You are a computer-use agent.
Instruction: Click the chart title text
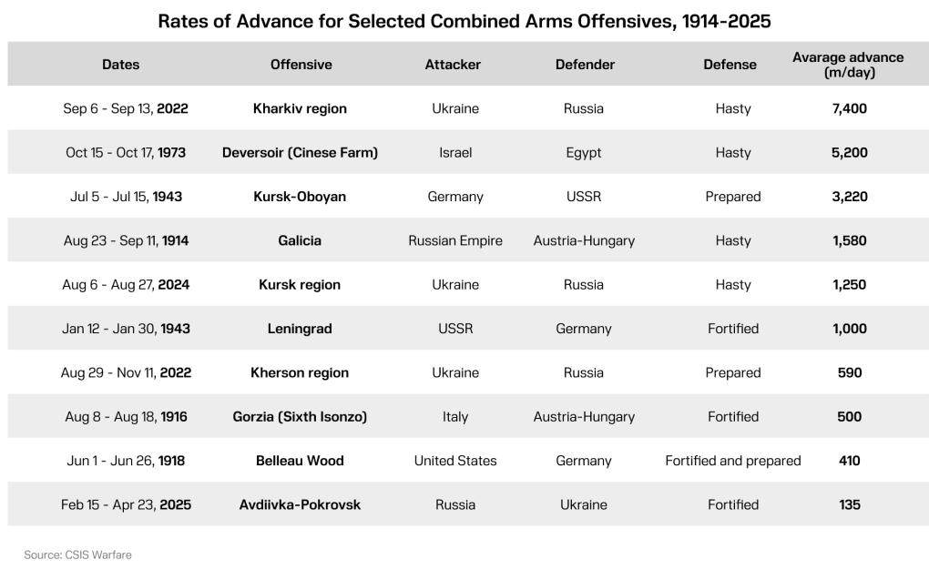coord(464,21)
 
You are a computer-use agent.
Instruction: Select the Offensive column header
coord(301,65)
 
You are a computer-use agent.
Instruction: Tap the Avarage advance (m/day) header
coord(848,65)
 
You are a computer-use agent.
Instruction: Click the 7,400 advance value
coord(849,108)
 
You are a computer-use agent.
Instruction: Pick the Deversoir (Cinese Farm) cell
coord(300,153)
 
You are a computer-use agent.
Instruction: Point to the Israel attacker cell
coord(454,153)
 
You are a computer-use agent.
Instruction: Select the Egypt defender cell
coord(583,153)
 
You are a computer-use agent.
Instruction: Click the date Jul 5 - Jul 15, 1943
coord(126,197)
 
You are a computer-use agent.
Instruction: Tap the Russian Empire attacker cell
coord(454,241)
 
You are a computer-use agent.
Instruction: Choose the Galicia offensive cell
coord(300,241)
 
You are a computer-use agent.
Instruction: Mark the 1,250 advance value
coord(849,285)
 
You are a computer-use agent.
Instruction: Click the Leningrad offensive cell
coord(300,329)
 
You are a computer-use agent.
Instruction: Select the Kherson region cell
coord(300,372)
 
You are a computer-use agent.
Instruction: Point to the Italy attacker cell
coord(454,417)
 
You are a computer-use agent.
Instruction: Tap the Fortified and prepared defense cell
coord(732,461)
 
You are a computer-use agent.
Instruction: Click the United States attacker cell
coord(454,461)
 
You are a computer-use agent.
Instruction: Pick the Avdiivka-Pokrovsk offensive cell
coord(300,504)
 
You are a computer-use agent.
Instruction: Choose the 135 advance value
coord(849,504)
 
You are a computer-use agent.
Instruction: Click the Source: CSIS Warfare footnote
coord(77,555)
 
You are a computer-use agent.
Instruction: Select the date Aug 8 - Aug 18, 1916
coord(126,417)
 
